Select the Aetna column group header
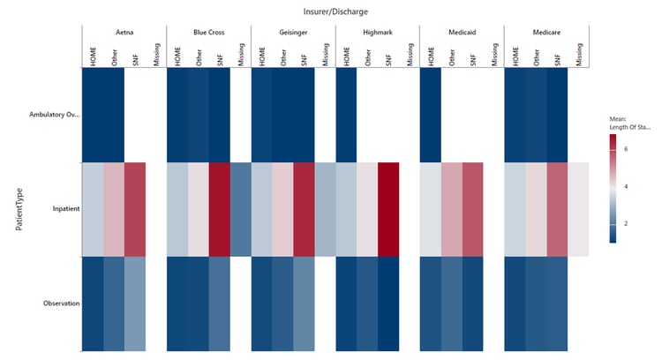click(x=124, y=32)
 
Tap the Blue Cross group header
click(x=208, y=32)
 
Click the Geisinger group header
click(x=293, y=32)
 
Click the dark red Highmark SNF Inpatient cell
click(x=387, y=210)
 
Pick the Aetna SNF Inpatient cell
click(x=134, y=210)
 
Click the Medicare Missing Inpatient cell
click(x=578, y=210)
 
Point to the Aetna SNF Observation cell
click(x=134, y=304)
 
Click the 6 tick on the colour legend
click(x=626, y=149)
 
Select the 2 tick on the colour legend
click(x=626, y=223)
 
